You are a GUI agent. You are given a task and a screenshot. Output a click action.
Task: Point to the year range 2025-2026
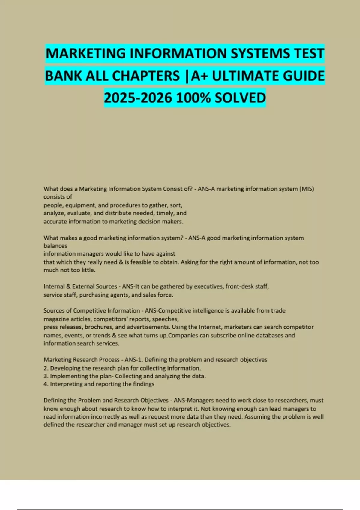[x=138, y=98]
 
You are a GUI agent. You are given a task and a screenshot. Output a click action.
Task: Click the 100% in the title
[x=193, y=98]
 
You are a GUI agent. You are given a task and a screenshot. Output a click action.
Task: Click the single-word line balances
[x=55, y=246]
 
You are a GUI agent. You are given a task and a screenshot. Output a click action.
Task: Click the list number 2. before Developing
[x=46, y=368]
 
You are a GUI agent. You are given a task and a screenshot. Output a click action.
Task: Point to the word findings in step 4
[x=144, y=384]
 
